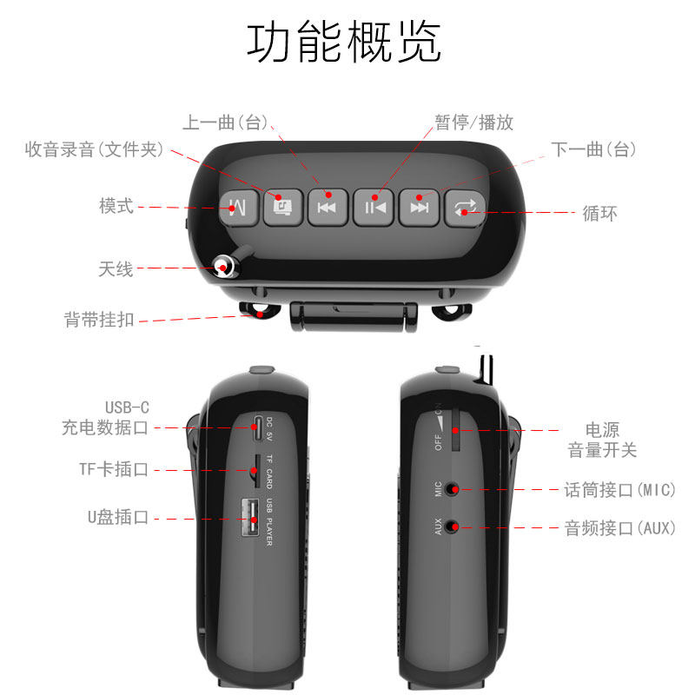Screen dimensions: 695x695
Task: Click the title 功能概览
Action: tap(344, 43)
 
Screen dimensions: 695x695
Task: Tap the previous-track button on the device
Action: tap(328, 208)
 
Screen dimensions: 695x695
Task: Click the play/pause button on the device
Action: tap(374, 208)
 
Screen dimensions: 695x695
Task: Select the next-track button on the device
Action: tap(419, 208)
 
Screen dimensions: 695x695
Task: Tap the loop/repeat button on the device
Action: tap(465, 208)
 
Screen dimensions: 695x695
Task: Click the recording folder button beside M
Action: tap(283, 208)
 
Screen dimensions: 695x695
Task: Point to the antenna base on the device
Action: tap(224, 267)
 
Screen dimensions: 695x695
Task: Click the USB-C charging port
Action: tap(257, 428)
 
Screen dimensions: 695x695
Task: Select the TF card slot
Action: tap(256, 471)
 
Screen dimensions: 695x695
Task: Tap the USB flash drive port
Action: tap(250, 518)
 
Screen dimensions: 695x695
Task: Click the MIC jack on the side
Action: tap(451, 489)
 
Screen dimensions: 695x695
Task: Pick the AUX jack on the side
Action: tap(451, 526)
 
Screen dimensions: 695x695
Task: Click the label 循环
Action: tap(599, 214)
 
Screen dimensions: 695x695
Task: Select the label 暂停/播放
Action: tap(473, 122)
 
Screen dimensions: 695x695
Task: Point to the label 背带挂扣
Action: tap(99, 320)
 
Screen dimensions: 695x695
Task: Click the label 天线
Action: tap(116, 269)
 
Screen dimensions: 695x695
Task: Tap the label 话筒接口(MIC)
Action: tap(619, 490)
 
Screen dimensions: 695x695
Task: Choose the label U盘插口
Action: tap(118, 517)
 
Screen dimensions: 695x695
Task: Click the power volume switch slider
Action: tap(455, 430)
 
